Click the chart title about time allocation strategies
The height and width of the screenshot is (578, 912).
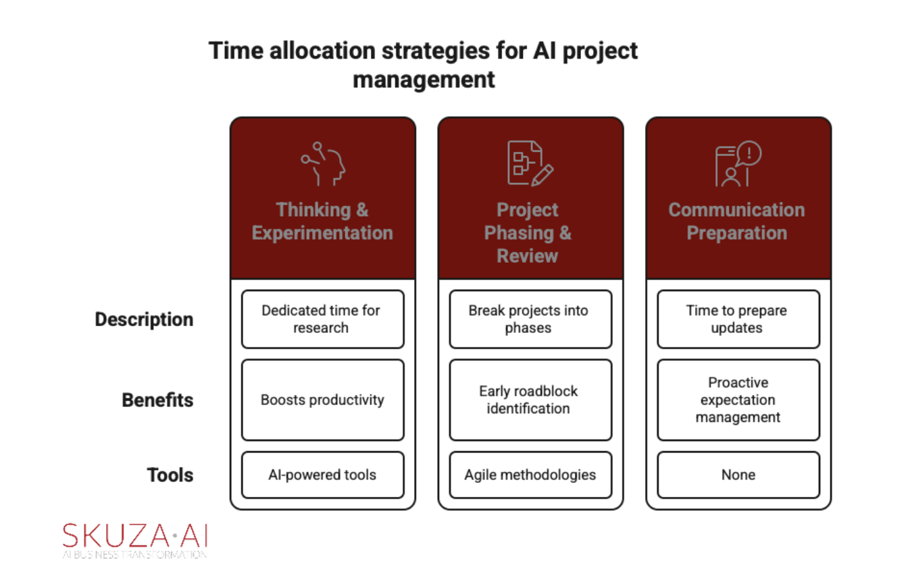coord(424,64)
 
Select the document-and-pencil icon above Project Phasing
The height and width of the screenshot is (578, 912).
coord(530,163)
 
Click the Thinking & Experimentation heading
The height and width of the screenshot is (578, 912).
coord(322,221)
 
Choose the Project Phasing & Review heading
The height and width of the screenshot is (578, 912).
coord(528,233)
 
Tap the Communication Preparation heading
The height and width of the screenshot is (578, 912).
coord(736,221)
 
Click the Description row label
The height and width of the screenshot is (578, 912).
coord(144,319)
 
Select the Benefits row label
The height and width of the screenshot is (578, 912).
coord(157,400)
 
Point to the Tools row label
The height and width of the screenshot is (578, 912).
coord(170,475)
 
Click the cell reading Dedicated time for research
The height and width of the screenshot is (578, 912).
coord(323,319)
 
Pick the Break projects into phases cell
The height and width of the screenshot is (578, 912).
coord(530,319)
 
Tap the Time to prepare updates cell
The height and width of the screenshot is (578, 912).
coord(738,319)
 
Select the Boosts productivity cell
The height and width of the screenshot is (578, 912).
coord(323,400)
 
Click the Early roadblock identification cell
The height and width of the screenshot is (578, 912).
coord(530,400)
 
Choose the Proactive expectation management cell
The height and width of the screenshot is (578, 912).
coord(738,400)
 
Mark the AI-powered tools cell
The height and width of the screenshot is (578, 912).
coord(323,475)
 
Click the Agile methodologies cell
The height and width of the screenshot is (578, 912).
coord(530,475)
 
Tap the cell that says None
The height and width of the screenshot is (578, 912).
coord(738,475)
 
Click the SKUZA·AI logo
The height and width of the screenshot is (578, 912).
coord(134,541)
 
